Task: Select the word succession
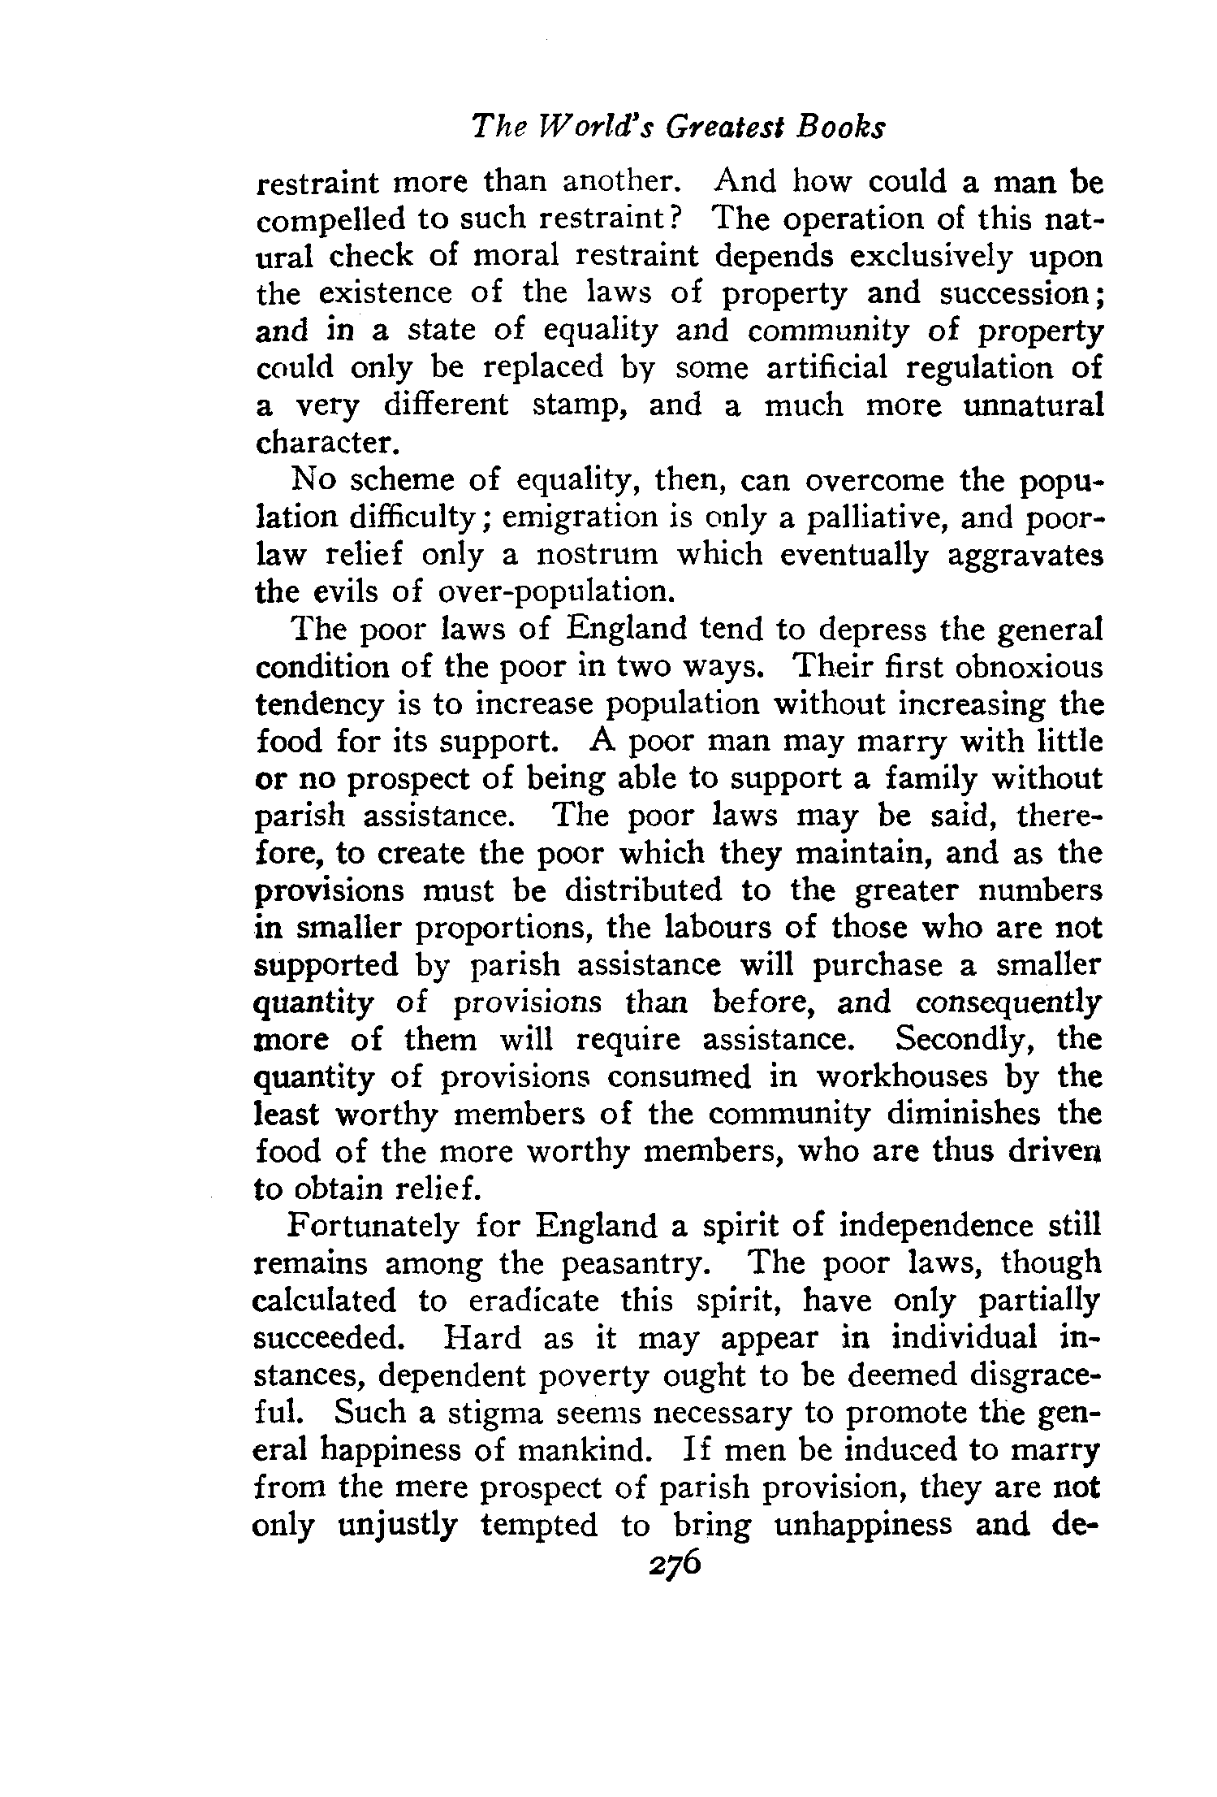(1018, 292)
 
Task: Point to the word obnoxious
(1029, 667)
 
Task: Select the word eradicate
(534, 1301)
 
